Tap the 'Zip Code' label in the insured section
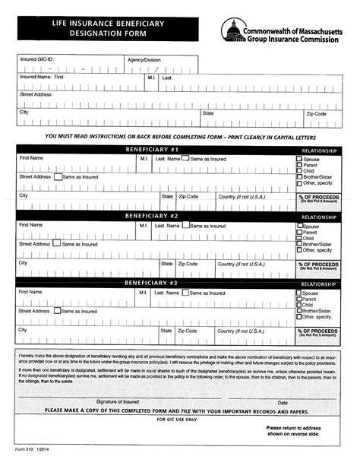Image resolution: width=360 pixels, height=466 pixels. pos(316,113)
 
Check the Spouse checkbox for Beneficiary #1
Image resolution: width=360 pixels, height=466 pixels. pos(298,160)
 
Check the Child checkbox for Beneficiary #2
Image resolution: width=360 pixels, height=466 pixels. pos(298,239)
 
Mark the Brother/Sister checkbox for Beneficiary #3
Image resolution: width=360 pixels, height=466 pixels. pos(298,311)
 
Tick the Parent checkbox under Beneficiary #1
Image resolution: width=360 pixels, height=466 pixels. pos(298,166)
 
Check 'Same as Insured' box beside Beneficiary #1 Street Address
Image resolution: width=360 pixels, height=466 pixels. pos(58,176)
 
